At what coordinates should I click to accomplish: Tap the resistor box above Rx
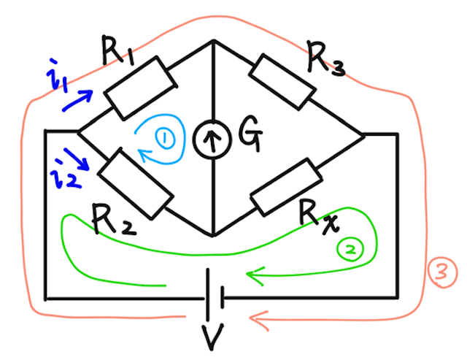(286, 187)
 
